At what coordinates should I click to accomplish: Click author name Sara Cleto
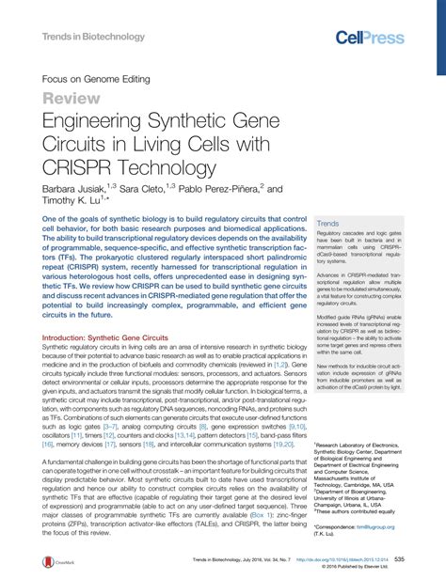[154, 188]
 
